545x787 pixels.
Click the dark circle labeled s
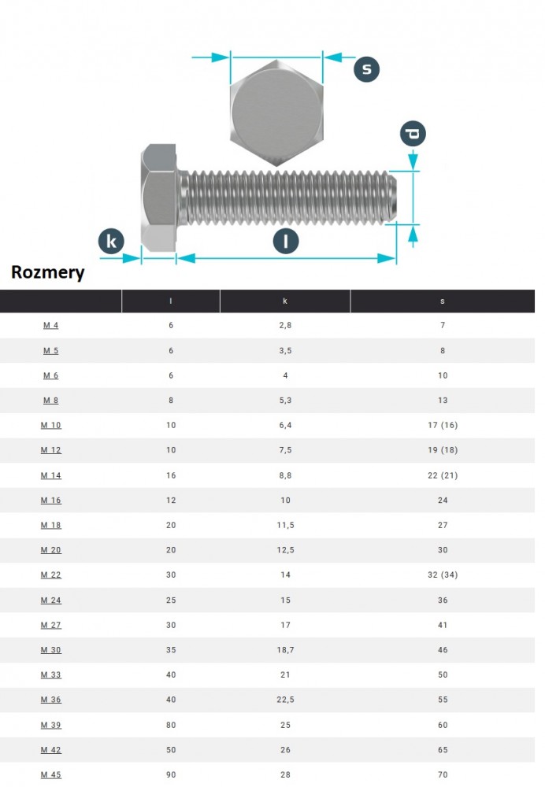(366, 69)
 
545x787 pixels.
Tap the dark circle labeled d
(413, 133)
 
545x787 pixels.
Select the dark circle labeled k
(112, 242)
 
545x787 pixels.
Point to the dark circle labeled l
(286, 242)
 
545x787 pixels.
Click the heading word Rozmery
(47, 273)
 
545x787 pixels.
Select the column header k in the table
(285, 301)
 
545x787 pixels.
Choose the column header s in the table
(442, 301)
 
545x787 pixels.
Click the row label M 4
(50, 325)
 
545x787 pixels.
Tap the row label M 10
(50, 425)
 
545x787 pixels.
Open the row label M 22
(50, 575)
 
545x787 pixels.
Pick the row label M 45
(50, 774)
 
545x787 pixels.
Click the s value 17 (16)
(442, 425)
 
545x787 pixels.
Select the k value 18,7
(285, 650)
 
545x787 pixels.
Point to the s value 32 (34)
(442, 575)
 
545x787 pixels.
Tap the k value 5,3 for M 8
(285, 400)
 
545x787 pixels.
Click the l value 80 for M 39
(171, 725)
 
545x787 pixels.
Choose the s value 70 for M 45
(442, 774)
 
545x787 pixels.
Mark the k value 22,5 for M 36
(285, 700)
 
